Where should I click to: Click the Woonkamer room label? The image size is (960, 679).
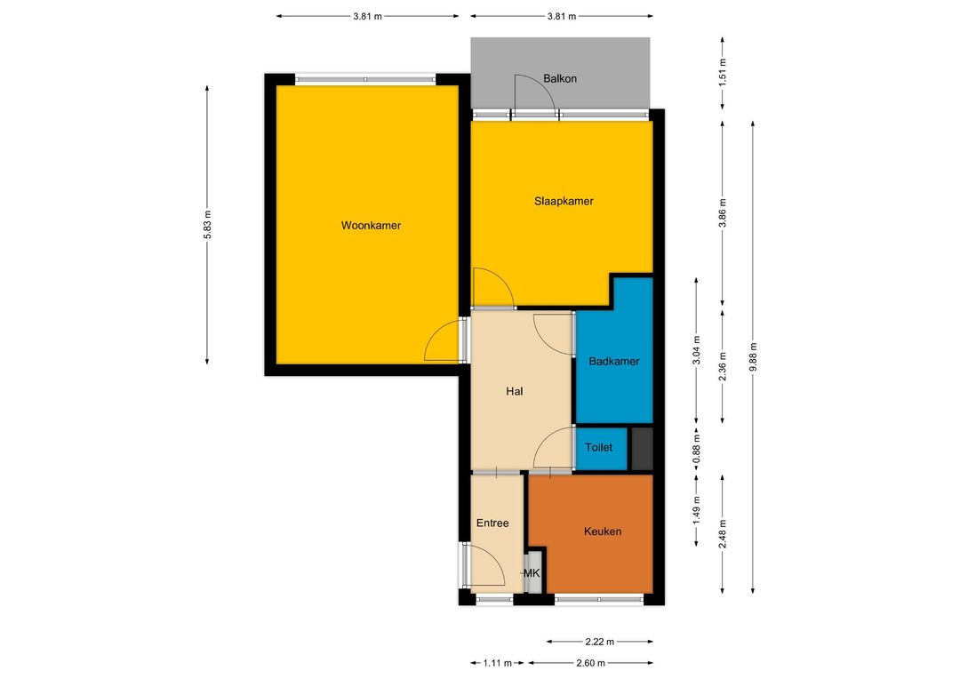click(x=371, y=226)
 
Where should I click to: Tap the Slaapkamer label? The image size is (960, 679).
click(x=564, y=202)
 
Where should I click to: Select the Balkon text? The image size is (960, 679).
click(x=560, y=79)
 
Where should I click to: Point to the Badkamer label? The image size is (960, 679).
click(x=614, y=361)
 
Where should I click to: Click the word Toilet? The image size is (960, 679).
click(x=598, y=448)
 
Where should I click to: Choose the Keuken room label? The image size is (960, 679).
click(x=603, y=531)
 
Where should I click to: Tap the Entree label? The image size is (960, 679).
click(x=492, y=523)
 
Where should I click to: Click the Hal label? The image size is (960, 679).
click(x=515, y=391)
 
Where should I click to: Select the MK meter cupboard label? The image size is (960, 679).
click(x=532, y=573)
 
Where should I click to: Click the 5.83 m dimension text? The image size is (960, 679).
click(x=207, y=224)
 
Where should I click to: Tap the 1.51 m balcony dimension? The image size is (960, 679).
click(x=723, y=73)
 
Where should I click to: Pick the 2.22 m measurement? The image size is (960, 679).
click(x=599, y=642)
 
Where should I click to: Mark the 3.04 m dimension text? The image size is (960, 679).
click(x=696, y=350)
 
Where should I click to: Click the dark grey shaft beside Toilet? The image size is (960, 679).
click(x=642, y=449)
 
